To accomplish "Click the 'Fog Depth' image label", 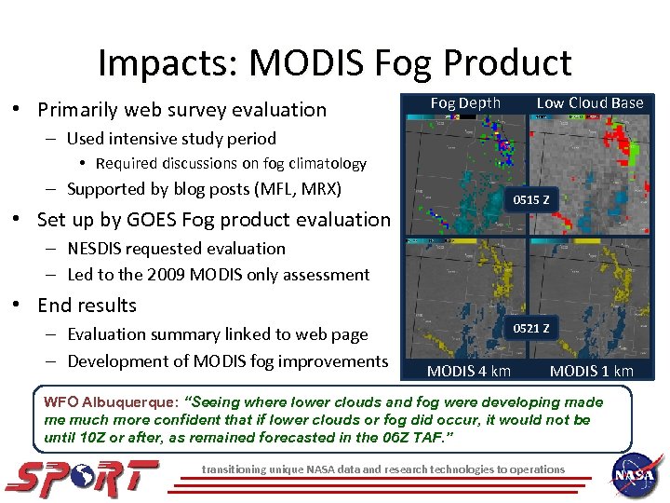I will (x=465, y=102).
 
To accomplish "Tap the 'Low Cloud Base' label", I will (x=590, y=102).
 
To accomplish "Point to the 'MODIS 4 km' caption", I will (x=468, y=371).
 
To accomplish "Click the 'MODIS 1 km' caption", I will (x=591, y=371).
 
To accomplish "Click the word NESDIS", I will (x=100, y=249).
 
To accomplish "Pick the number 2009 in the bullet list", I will (x=167, y=275).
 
